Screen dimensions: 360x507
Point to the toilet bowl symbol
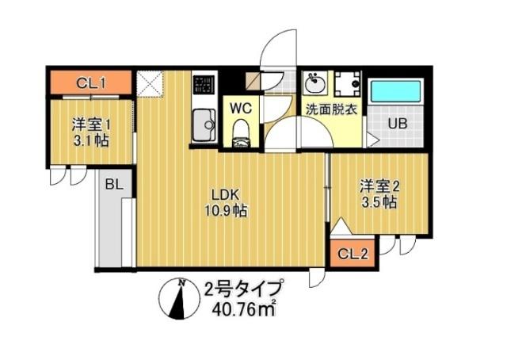click(241, 132)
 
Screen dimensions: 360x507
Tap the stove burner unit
click(204, 83)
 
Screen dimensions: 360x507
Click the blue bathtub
click(398, 90)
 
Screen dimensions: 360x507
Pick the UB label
click(398, 123)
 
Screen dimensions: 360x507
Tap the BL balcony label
click(113, 184)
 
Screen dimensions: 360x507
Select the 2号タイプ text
click(242, 287)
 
